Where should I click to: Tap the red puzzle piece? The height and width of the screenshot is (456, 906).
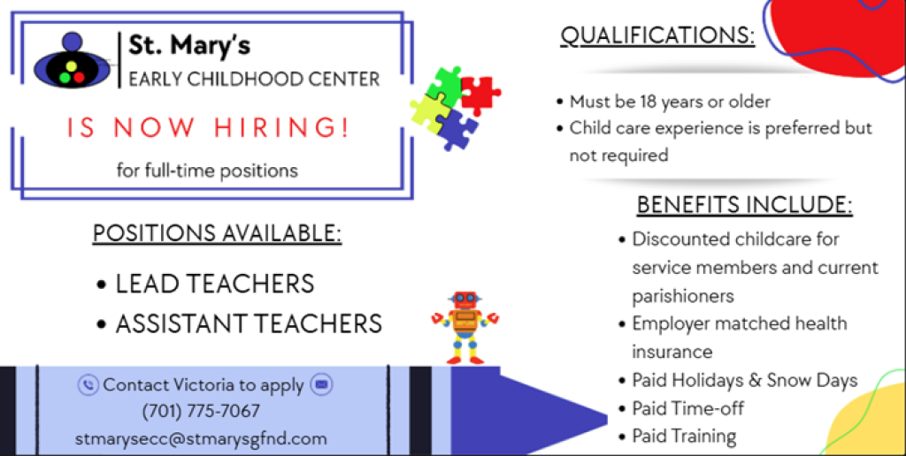[x=480, y=93]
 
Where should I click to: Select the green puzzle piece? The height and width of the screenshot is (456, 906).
[x=445, y=86]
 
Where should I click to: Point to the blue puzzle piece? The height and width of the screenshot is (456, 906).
[x=456, y=128]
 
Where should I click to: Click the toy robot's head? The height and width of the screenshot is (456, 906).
[x=465, y=300]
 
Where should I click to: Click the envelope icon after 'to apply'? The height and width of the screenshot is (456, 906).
[x=321, y=384]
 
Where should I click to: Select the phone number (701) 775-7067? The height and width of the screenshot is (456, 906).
[x=201, y=412]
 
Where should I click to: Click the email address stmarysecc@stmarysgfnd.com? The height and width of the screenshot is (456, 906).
[x=201, y=438]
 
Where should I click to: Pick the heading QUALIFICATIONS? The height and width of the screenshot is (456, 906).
[x=657, y=36]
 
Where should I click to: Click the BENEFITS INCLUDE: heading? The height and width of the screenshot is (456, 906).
[x=745, y=205]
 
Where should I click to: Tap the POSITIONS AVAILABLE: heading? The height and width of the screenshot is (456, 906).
[x=218, y=233]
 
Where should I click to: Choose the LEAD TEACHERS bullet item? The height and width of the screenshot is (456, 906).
[x=206, y=284]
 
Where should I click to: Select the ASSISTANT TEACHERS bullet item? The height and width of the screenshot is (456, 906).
[x=240, y=323]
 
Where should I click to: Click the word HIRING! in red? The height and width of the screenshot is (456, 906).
[x=281, y=128]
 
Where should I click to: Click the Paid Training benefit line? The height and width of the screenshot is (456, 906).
[x=678, y=436]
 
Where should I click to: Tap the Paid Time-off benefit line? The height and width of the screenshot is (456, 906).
[x=682, y=408]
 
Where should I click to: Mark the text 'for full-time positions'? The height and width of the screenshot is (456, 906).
[x=207, y=171]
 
